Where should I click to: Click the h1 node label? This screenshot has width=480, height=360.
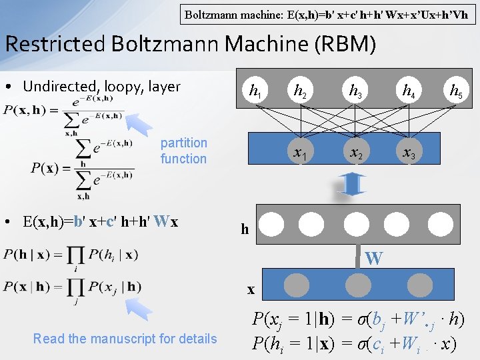(254, 91)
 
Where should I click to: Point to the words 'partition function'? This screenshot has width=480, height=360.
(183, 151)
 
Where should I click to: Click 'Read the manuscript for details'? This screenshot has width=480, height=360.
(125, 339)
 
